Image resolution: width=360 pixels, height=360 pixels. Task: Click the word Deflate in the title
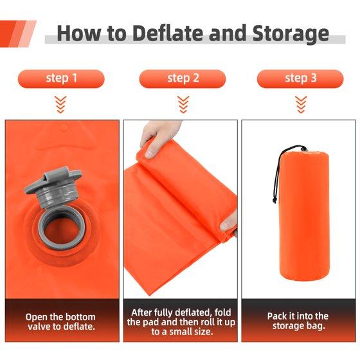(168, 33)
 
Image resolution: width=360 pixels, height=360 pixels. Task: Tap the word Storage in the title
(291, 35)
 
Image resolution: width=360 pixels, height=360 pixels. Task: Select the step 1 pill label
(61, 78)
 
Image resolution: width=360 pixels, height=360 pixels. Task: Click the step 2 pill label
(183, 78)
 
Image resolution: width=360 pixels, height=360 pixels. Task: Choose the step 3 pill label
(300, 78)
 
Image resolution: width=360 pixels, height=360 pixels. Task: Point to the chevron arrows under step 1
(60, 104)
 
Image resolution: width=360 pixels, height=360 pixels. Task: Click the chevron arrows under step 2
(183, 104)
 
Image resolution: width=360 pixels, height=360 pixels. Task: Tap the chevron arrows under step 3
(301, 104)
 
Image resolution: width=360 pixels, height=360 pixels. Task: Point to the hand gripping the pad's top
(158, 138)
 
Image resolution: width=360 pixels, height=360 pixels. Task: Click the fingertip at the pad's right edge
(228, 223)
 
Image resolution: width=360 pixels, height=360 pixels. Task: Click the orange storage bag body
(304, 216)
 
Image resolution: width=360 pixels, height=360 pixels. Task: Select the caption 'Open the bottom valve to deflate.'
(60, 321)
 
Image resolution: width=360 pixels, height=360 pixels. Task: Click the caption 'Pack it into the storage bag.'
(298, 321)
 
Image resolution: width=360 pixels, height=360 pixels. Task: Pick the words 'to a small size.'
(182, 332)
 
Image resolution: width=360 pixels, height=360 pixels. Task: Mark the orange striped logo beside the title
(18, 34)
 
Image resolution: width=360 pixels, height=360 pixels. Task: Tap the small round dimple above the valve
(64, 128)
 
